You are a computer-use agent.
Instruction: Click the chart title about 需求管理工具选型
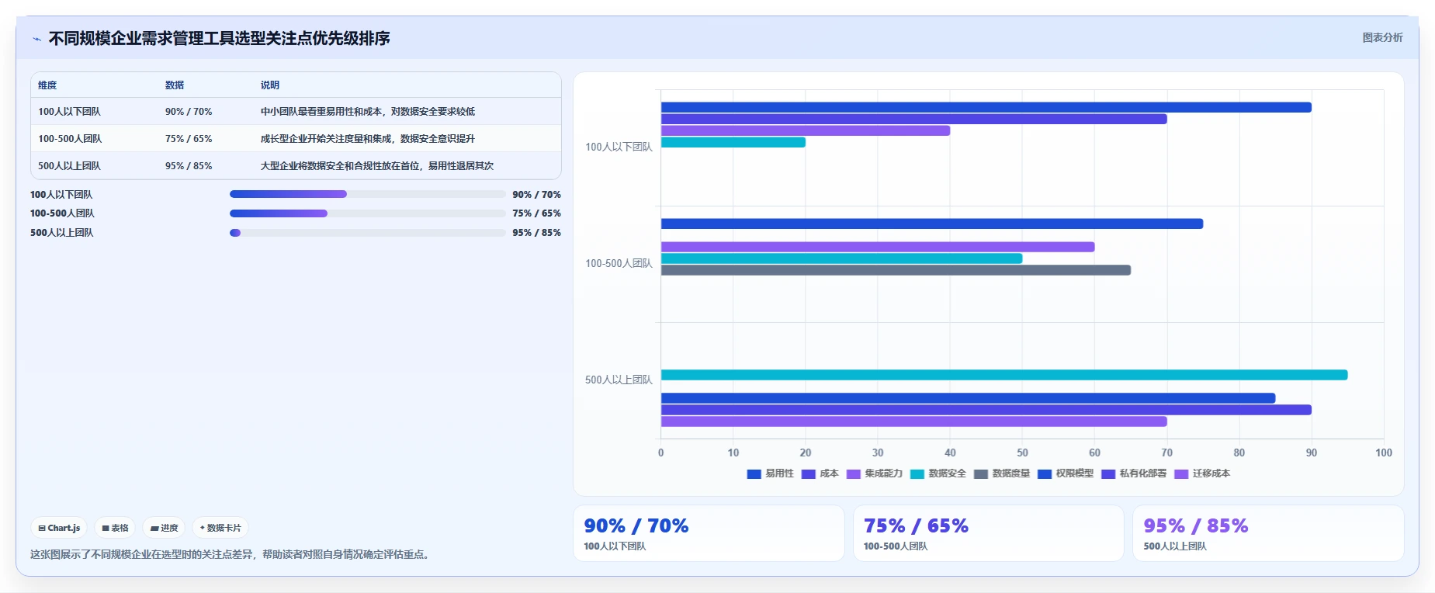click(219, 38)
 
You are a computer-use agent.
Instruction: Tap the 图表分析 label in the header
click(1382, 37)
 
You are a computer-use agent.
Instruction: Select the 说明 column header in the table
click(270, 85)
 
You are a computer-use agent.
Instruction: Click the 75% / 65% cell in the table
click(189, 139)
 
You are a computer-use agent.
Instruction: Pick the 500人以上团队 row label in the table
click(69, 166)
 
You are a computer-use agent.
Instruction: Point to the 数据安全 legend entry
click(938, 473)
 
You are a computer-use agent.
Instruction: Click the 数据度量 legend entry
click(1002, 473)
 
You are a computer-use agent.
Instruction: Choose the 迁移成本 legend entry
click(1202, 473)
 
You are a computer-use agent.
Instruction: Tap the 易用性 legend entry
click(771, 473)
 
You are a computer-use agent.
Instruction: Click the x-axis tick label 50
click(1022, 453)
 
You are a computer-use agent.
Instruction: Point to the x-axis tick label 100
click(1384, 453)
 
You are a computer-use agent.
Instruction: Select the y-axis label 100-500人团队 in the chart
click(619, 264)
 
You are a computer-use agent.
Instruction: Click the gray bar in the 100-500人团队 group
click(896, 270)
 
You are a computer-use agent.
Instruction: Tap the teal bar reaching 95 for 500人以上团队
click(1004, 375)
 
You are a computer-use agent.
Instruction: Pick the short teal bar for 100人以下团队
click(733, 142)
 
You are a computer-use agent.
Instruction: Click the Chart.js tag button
click(59, 528)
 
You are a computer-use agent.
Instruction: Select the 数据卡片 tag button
click(220, 528)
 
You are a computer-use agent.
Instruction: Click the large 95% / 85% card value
click(1196, 525)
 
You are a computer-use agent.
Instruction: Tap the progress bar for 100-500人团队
click(368, 213)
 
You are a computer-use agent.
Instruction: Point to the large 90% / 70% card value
click(636, 525)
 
